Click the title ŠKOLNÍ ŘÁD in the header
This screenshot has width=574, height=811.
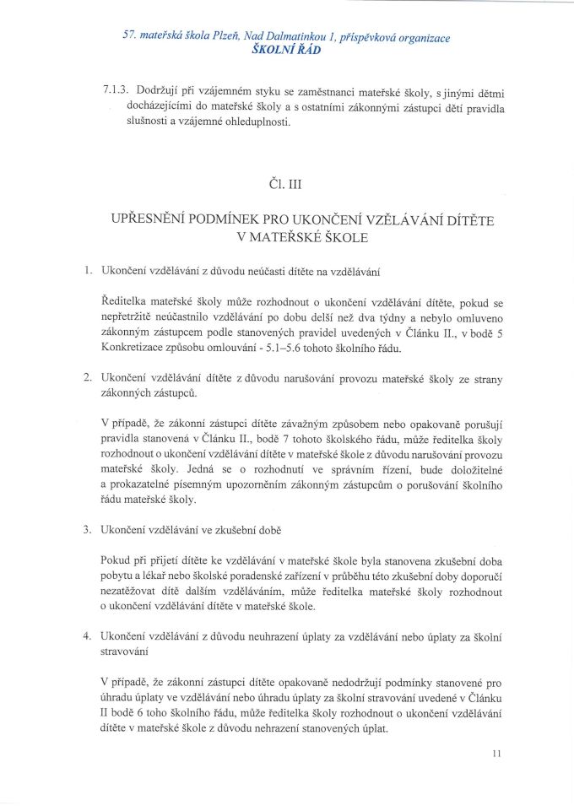point(287,50)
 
